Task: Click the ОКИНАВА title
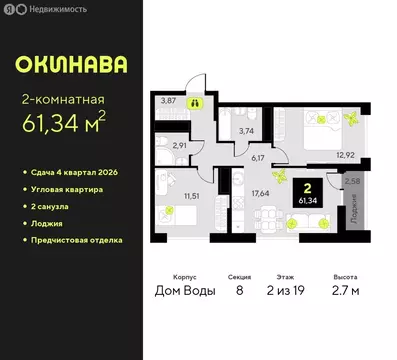[x=71, y=65]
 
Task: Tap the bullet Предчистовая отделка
[x=77, y=240]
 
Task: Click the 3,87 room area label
[x=170, y=101]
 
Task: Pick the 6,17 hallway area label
[x=257, y=157]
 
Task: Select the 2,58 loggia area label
[x=352, y=181]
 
